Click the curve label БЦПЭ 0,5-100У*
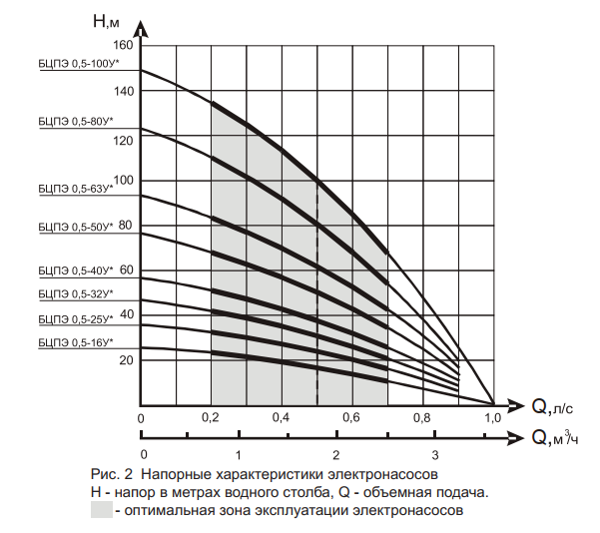pyautogui.click(x=79, y=64)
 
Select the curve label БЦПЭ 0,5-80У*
pyautogui.click(x=76, y=122)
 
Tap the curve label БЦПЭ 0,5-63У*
pyautogui.click(x=76, y=189)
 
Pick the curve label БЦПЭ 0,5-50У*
pyautogui.click(x=76, y=227)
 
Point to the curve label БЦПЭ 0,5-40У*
pyautogui.click(x=76, y=270)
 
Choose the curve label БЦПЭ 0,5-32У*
pyautogui.click(x=76, y=293)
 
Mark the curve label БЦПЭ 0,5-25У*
pyautogui.click(x=76, y=319)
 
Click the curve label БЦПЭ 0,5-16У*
pyautogui.click(x=76, y=342)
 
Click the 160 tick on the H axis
pyautogui.click(x=123, y=45)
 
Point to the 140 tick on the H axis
pyautogui.click(x=124, y=91)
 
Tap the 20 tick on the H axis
pyautogui.click(x=126, y=360)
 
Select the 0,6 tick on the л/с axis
pyautogui.click(x=351, y=417)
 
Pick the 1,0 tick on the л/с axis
pyautogui.click(x=493, y=417)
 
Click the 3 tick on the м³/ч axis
pyautogui.click(x=435, y=455)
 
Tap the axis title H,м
pyautogui.click(x=106, y=21)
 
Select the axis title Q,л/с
pyautogui.click(x=552, y=406)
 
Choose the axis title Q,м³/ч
pyautogui.click(x=555, y=437)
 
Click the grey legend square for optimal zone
pyautogui.click(x=102, y=510)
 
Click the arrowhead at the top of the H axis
pyautogui.click(x=142, y=29)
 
